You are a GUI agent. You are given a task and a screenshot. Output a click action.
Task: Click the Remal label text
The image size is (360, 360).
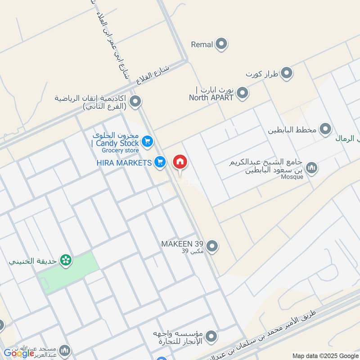[x=202, y=44]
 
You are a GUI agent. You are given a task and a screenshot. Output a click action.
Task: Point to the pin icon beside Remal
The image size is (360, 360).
[x=221, y=44]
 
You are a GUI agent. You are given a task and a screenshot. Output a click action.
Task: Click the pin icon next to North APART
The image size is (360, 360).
[x=243, y=94]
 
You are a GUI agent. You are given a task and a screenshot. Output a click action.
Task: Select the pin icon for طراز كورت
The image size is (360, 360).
[x=287, y=73]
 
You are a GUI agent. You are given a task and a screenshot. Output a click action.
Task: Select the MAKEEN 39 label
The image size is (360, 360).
[x=182, y=243]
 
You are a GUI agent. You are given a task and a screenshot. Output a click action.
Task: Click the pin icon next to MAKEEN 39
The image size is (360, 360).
[x=212, y=246]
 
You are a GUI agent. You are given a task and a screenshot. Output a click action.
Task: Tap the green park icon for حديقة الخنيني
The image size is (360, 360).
[x=66, y=260]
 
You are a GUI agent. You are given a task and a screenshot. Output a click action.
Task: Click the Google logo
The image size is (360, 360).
[x=19, y=353]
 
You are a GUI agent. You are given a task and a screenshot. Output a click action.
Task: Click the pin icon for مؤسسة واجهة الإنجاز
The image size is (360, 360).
[x=211, y=336]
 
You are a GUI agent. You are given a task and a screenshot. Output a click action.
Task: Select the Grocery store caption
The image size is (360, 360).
[x=120, y=150]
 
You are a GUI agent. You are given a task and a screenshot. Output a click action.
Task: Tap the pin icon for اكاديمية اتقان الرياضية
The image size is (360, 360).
[x=135, y=101]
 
